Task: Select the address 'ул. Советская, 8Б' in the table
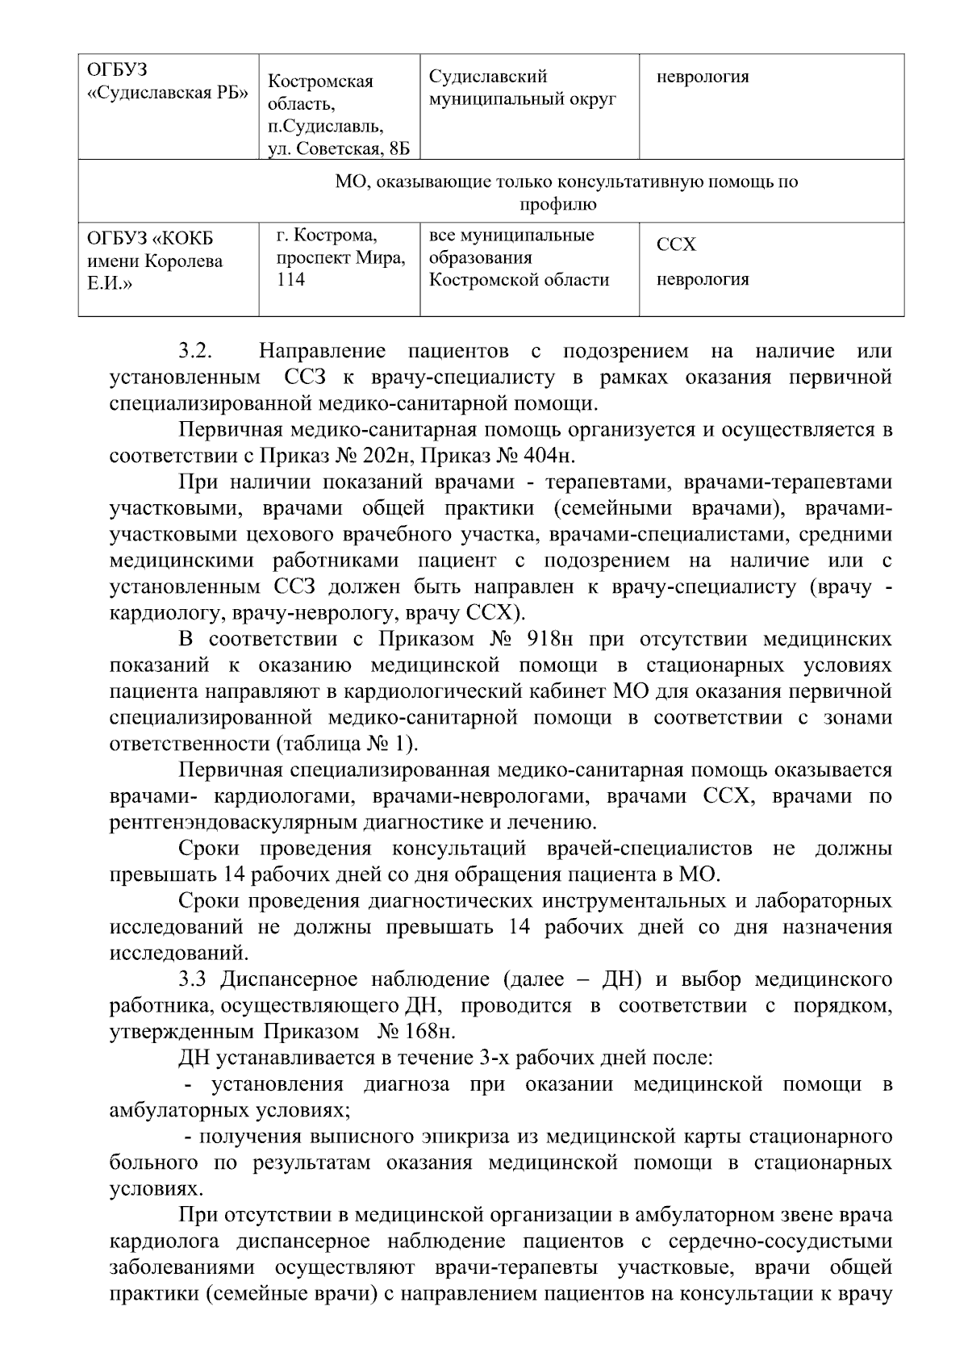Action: click(339, 148)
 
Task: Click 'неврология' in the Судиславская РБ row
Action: click(703, 77)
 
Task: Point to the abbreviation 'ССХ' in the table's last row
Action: click(676, 244)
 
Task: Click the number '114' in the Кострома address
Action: click(290, 280)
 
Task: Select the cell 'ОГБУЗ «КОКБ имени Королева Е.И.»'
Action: click(155, 261)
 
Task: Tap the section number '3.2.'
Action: click(195, 352)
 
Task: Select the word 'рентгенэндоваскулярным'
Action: click(231, 823)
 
